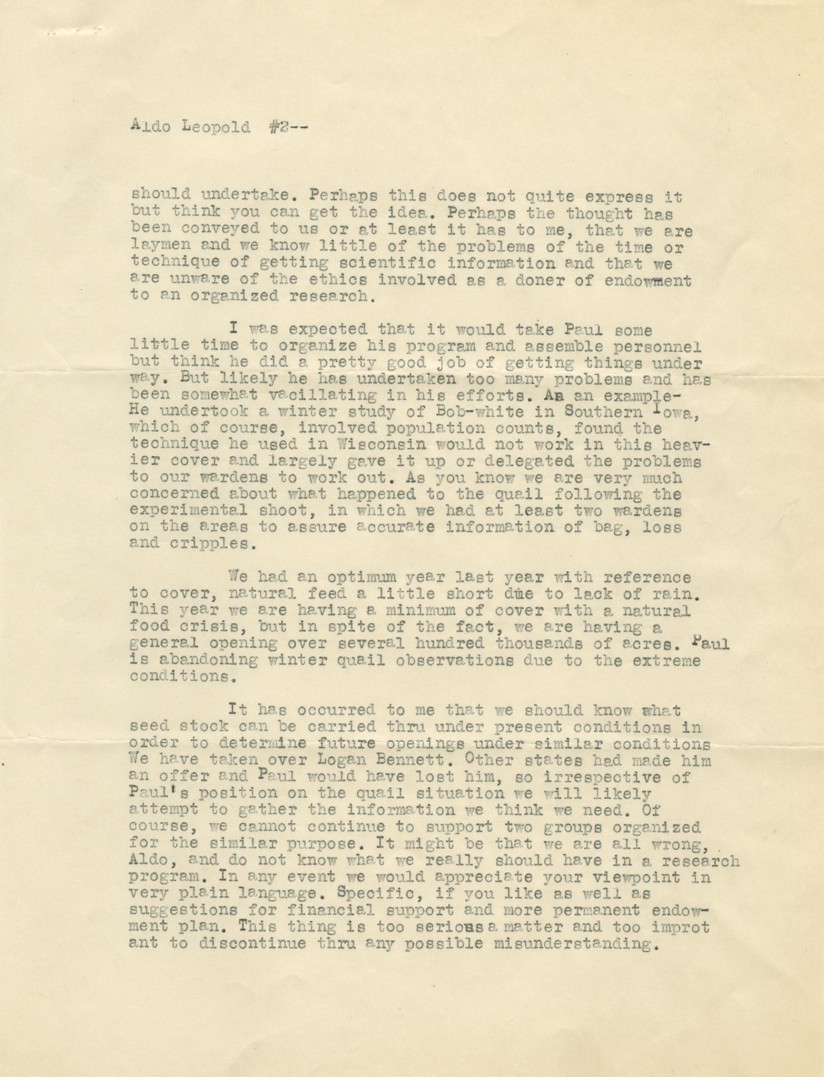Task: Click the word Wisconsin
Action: point(387,445)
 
